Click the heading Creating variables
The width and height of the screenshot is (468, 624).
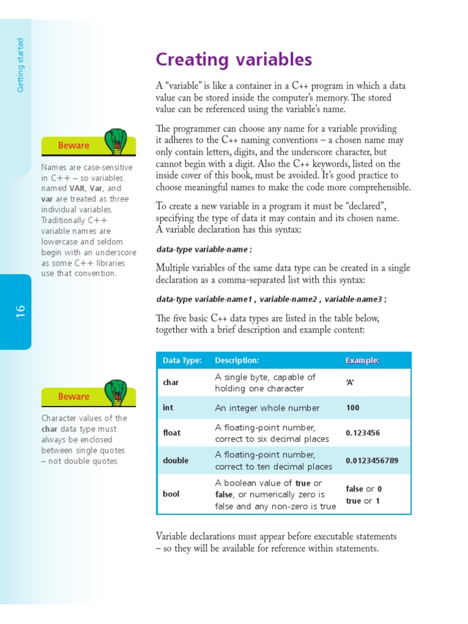234,60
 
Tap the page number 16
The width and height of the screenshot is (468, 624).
20,311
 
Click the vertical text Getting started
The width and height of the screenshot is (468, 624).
21,65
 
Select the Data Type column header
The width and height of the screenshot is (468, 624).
182,361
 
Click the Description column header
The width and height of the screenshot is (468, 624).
237,361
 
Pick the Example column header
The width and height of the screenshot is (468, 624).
363,361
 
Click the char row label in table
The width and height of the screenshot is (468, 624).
171,383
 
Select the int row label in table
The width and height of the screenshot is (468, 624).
168,408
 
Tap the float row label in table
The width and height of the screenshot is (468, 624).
172,433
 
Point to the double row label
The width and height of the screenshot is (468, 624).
175,461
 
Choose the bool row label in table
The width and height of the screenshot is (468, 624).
171,494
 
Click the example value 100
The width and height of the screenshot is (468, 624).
353,408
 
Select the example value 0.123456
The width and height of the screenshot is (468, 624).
363,433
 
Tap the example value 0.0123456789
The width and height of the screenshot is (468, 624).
372,461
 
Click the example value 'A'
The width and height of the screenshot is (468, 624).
350,383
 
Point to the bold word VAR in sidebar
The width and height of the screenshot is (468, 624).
77,189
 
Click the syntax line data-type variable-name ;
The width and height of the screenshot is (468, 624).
204,249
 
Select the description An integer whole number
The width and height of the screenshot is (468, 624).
267,408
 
